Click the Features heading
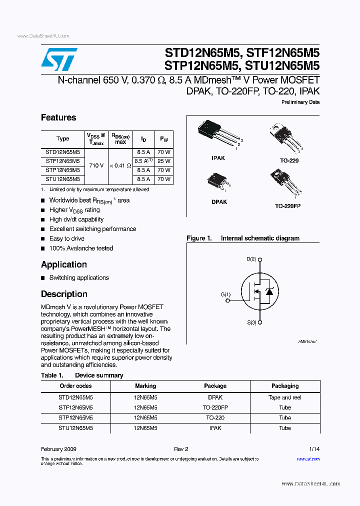(58, 117)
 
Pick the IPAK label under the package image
(218, 158)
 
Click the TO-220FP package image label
(287, 206)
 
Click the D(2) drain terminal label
(251, 259)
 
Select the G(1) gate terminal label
(226, 294)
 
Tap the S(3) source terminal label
(251, 322)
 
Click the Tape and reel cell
(285, 397)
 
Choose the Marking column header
(145, 386)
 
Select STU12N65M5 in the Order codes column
(75, 428)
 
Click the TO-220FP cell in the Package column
(215, 407)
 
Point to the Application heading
(64, 264)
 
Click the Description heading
(64, 294)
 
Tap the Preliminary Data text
(300, 102)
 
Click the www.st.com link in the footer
(308, 458)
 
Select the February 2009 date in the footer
(58, 449)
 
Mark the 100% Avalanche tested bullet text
(81, 248)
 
